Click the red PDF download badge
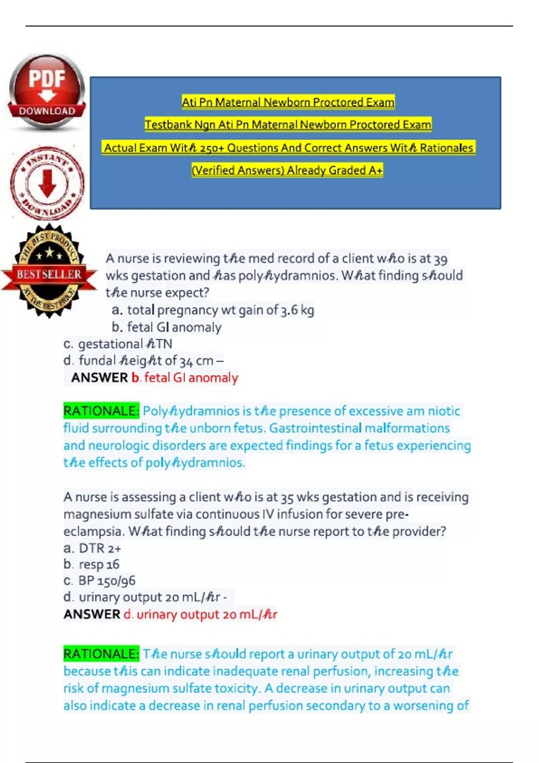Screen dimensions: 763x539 click(x=47, y=92)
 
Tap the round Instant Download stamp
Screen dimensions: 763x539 click(x=47, y=183)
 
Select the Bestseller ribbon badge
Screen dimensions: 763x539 click(x=49, y=272)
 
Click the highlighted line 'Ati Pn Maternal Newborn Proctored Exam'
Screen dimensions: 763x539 click(x=288, y=102)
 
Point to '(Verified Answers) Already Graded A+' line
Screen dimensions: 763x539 click(x=287, y=171)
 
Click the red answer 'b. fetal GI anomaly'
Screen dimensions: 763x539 click(x=185, y=378)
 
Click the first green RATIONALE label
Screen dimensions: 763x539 click(x=101, y=411)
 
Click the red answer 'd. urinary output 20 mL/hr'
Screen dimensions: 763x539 click(x=200, y=614)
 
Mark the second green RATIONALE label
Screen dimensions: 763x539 click(x=101, y=654)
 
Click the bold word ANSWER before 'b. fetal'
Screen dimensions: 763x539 click(x=99, y=378)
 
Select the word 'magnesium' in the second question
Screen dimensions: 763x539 click(x=91, y=514)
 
